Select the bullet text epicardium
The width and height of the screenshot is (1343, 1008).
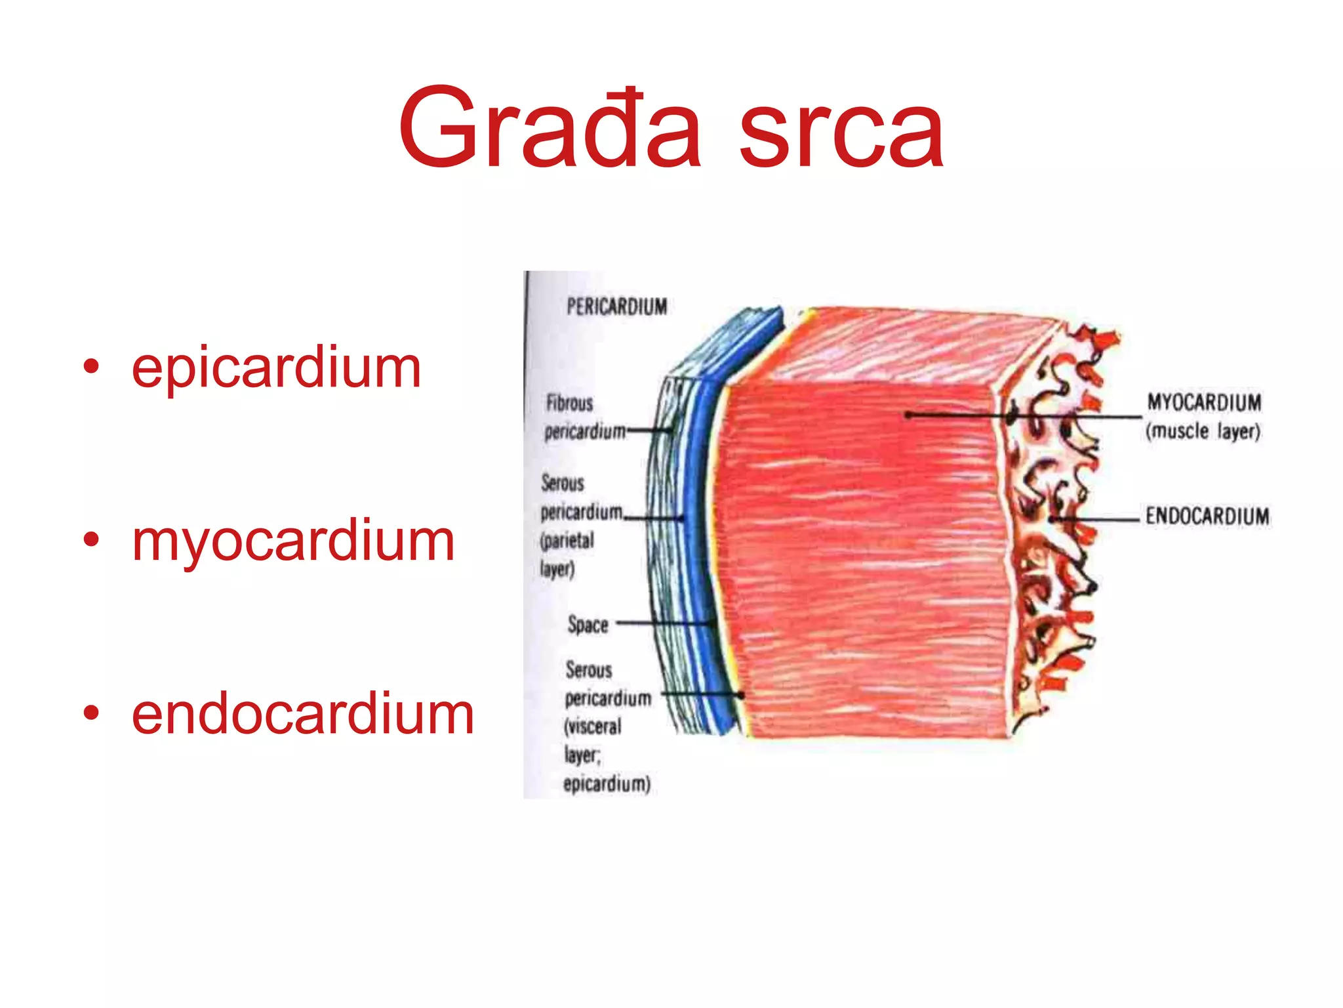276,368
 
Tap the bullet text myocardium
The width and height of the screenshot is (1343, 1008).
293,542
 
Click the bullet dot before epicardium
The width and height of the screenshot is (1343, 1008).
91,367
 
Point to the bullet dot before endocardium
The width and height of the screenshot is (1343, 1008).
91,713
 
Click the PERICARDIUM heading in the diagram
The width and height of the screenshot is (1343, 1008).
616,306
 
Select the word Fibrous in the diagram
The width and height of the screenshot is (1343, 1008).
569,403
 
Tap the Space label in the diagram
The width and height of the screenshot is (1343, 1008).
588,624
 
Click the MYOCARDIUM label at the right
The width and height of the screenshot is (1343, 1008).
1204,402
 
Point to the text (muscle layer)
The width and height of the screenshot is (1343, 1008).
1203,432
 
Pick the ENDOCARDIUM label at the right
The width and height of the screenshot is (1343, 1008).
1207,516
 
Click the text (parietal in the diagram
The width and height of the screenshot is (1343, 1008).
567,541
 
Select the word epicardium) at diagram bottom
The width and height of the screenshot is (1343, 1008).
607,784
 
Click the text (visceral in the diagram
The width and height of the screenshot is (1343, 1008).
592,726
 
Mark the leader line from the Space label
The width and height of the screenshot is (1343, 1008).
662,623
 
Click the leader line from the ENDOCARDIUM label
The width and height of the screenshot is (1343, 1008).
1095,519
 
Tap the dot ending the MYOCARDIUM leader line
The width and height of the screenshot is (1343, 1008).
909,415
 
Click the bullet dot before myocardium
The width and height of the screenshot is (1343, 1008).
91,541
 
